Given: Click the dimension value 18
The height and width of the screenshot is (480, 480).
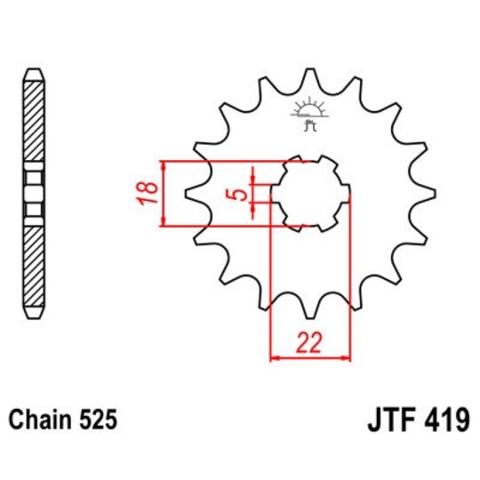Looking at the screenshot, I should click(x=149, y=194).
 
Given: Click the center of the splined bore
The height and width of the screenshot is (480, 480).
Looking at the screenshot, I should click(x=309, y=194).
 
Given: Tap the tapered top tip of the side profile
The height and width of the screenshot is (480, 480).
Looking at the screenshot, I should click(x=33, y=71).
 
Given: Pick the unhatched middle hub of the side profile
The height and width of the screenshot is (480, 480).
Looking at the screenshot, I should click(x=33, y=193).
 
